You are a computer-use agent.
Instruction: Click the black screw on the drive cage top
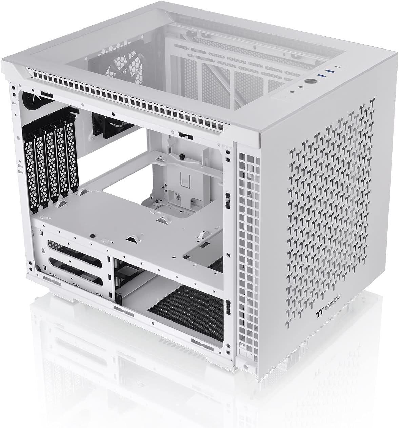tap(92, 235)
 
